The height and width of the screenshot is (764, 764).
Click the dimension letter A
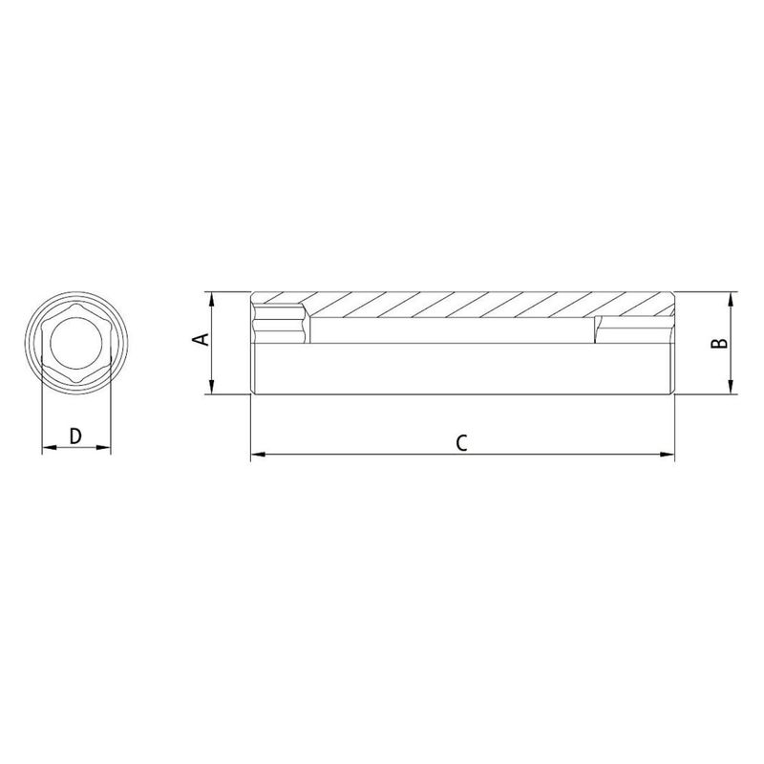200,341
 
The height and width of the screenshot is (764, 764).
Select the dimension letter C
461,441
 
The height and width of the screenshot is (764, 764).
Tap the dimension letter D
76,435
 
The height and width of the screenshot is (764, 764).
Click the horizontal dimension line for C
382,455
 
